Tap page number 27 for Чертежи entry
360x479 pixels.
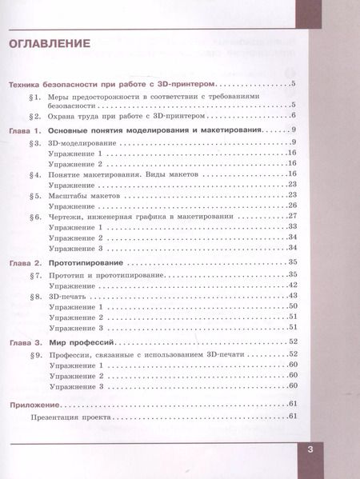pos(292,217)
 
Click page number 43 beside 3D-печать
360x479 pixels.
pos(292,296)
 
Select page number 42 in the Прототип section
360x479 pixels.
pos(292,285)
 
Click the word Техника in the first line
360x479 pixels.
pos(26,84)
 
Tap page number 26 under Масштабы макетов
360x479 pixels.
pos(292,206)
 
